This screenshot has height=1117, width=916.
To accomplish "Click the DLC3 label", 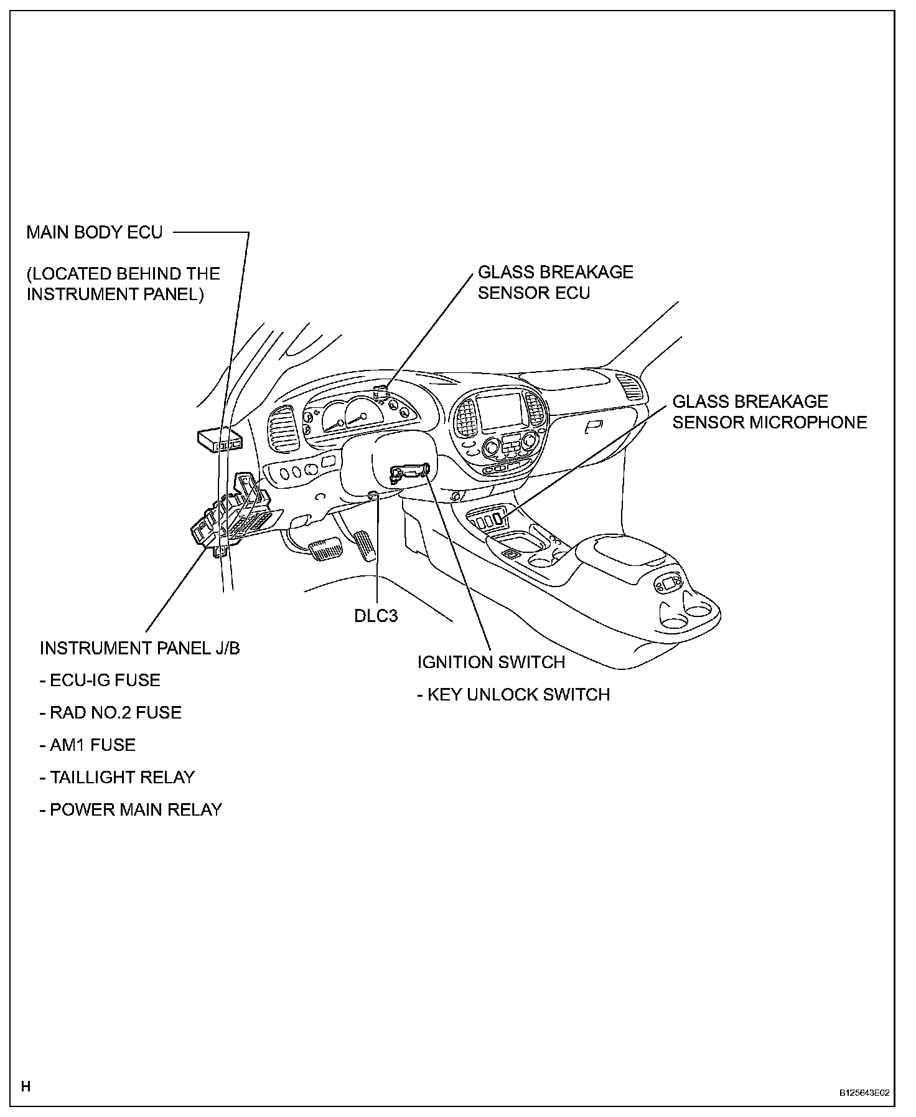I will pyautogui.click(x=376, y=615).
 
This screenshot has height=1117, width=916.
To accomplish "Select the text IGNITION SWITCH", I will pyautogui.click(x=491, y=662).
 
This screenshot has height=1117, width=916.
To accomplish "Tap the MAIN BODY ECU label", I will pyautogui.click(x=94, y=232).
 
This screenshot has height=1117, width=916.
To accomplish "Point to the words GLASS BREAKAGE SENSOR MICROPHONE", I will pyautogui.click(x=769, y=412).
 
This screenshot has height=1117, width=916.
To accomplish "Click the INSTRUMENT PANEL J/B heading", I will pyautogui.click(x=139, y=648).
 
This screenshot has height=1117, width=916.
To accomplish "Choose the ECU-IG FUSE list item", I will pyautogui.click(x=100, y=680).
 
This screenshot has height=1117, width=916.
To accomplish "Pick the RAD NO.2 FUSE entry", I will pyautogui.click(x=110, y=712).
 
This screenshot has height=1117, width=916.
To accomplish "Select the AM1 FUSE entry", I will pyautogui.click(x=87, y=745).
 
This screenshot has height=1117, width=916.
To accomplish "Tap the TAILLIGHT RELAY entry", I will pyautogui.click(x=117, y=777).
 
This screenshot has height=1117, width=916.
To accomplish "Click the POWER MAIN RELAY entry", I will pyautogui.click(x=131, y=809).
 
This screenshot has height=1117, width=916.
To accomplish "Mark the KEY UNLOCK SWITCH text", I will pyautogui.click(x=513, y=694).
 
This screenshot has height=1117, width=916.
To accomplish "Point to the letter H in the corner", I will pyautogui.click(x=26, y=1087).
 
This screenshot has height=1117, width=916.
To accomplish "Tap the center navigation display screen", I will pyautogui.click(x=500, y=411).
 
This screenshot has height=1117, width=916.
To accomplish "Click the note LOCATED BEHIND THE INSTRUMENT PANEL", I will pyautogui.click(x=123, y=283).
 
